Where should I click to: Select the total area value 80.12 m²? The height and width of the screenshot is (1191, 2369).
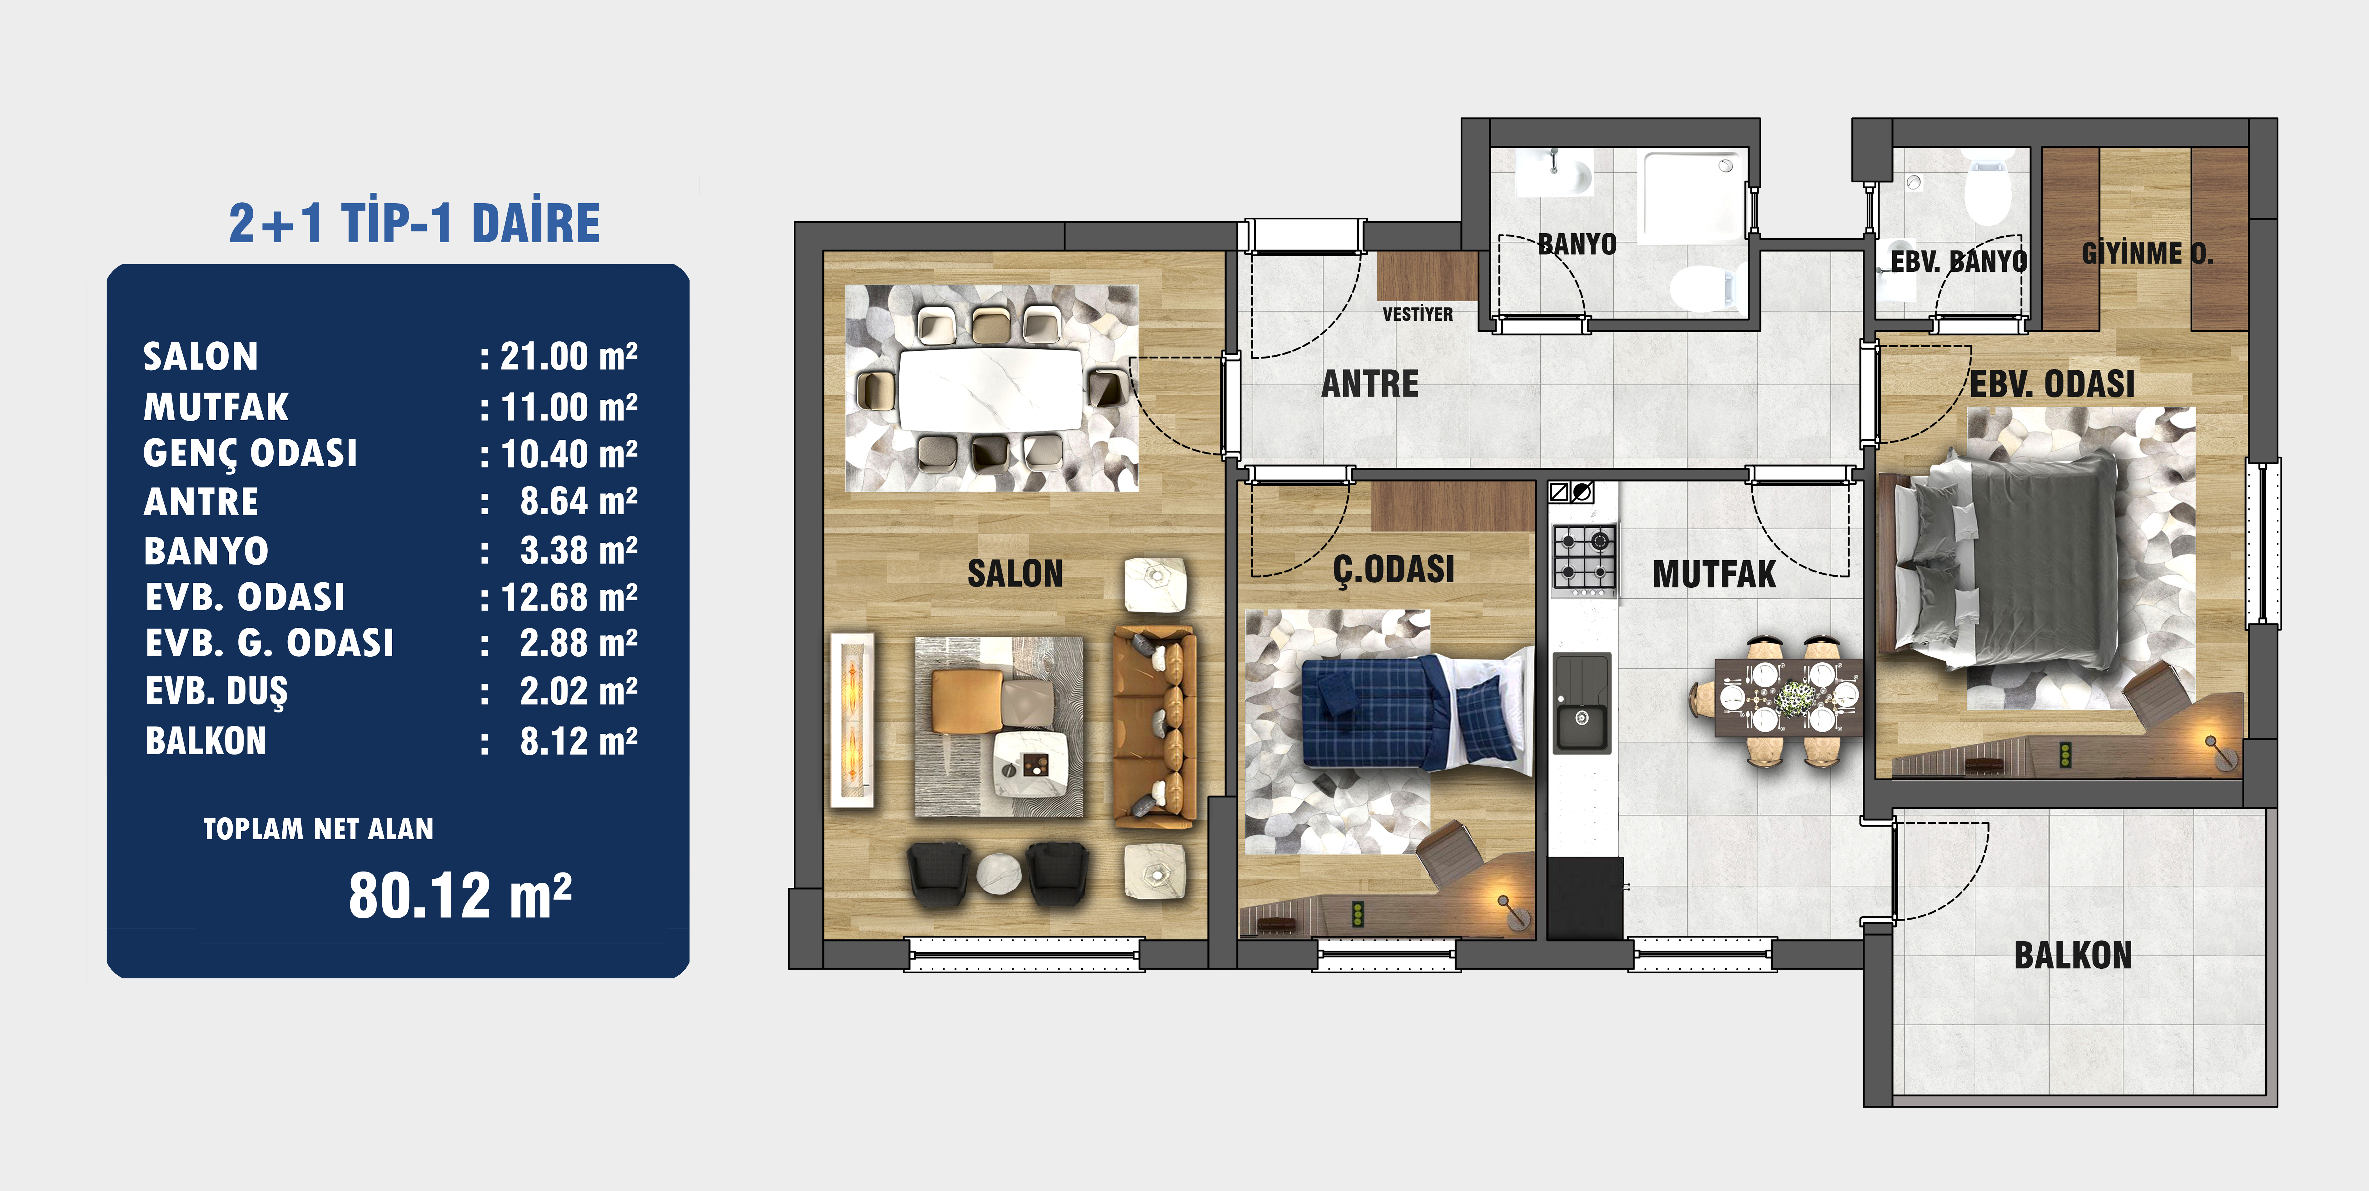(460, 895)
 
